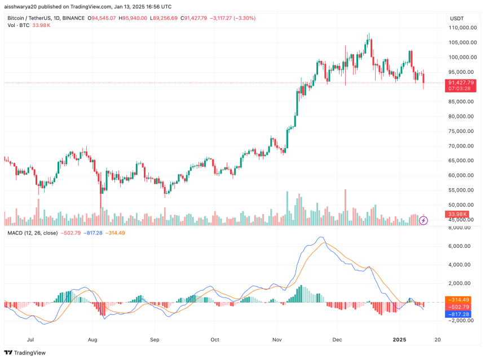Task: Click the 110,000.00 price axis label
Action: click(x=460, y=27)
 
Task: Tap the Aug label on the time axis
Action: click(x=93, y=340)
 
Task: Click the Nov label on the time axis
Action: click(x=276, y=340)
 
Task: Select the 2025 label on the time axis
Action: click(x=399, y=340)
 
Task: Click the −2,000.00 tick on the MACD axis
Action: click(x=458, y=321)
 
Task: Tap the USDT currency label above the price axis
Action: click(x=456, y=19)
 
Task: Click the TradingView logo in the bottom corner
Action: click(x=27, y=353)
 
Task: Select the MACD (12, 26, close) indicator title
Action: click(x=32, y=233)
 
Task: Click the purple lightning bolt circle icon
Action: click(x=424, y=220)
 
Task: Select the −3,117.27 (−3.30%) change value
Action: click(x=233, y=18)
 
